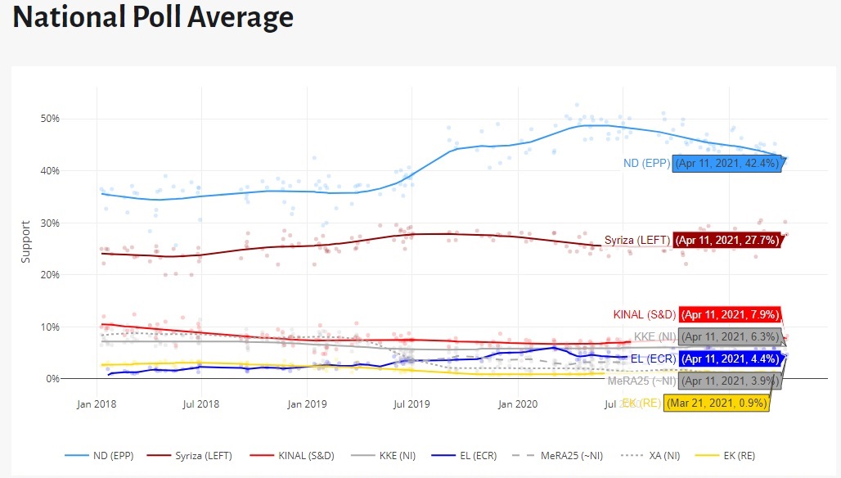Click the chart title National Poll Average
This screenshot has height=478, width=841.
tap(153, 17)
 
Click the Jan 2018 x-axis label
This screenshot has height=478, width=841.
tap(97, 403)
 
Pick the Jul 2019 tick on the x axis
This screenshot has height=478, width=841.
tap(412, 403)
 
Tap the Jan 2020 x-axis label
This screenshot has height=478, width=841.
tap(517, 403)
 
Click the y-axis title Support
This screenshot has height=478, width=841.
tap(25, 241)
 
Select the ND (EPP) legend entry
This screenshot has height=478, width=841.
tap(110, 454)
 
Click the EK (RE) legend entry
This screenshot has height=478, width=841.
tap(720, 454)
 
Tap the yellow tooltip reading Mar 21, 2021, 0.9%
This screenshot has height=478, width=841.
tap(715, 404)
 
